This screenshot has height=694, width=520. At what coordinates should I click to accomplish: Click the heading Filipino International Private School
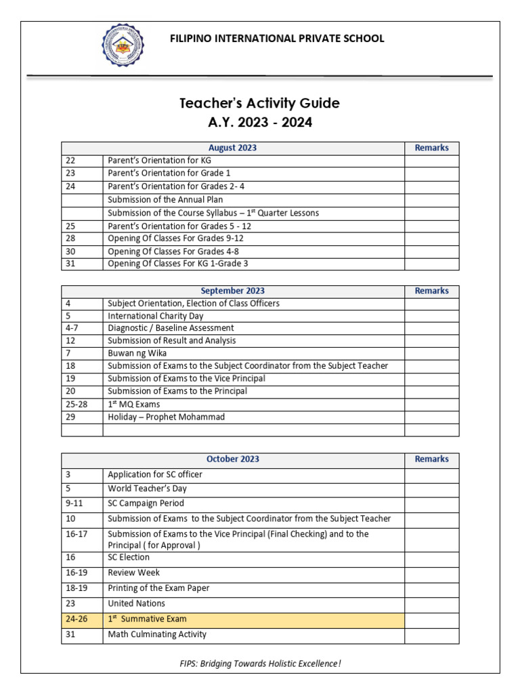[x=276, y=39]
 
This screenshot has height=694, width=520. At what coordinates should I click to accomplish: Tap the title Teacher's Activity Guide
[x=259, y=103]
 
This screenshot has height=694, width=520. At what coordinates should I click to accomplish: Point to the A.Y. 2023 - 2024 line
[x=259, y=123]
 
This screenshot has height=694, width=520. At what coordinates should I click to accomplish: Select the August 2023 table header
[x=232, y=148]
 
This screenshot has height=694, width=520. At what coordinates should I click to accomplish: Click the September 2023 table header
[x=232, y=291]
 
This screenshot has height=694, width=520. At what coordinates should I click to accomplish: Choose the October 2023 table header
[x=232, y=459]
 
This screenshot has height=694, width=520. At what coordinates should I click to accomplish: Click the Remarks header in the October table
[x=431, y=459]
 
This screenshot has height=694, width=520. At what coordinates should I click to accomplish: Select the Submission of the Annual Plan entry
[x=165, y=200]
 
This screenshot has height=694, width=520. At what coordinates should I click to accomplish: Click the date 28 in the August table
[x=71, y=239]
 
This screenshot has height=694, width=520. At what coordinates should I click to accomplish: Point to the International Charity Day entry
[x=155, y=316]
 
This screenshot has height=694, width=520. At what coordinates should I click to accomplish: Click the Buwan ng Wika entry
[x=137, y=353]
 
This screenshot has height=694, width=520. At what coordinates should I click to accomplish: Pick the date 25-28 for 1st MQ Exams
[x=76, y=404]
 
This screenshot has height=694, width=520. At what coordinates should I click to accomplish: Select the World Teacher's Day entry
[x=147, y=489]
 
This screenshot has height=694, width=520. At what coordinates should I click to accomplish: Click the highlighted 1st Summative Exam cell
[x=147, y=619]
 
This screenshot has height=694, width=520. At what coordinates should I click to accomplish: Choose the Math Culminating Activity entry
[x=157, y=635]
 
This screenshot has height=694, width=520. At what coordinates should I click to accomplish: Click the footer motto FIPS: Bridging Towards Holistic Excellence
[x=259, y=664]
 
